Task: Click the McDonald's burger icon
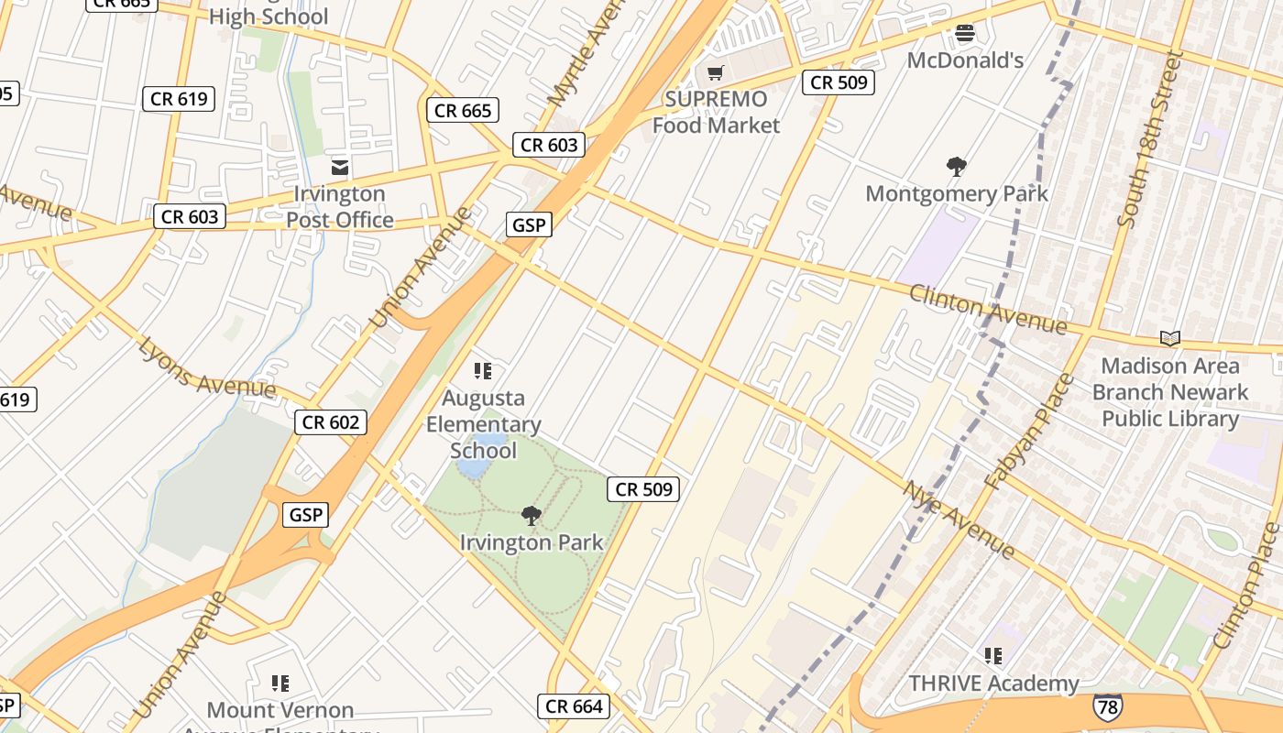964,35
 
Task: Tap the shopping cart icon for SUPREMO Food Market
716,72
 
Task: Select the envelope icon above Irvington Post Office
339,167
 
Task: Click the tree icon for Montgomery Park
957,167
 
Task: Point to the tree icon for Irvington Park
531,516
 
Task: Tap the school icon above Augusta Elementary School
483,371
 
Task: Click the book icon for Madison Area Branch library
1169,338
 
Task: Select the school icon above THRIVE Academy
993,656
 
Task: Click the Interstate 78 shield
1107,706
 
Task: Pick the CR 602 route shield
331,422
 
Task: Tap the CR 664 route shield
574,706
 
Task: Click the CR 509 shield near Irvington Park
644,489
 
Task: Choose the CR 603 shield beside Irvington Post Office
190,216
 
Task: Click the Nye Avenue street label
960,520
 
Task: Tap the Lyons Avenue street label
207,367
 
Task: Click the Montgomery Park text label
957,194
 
